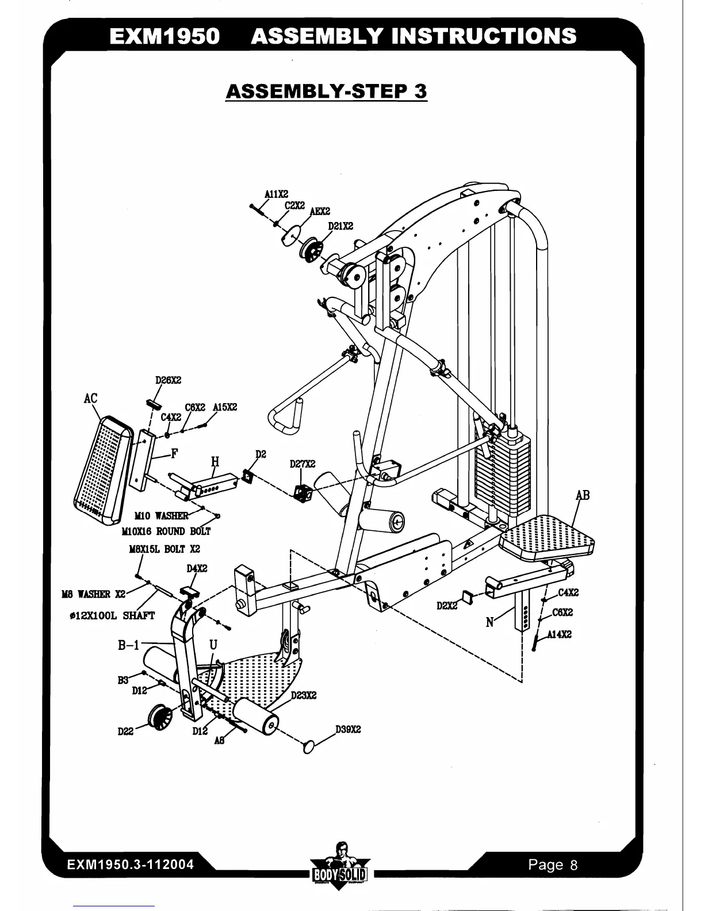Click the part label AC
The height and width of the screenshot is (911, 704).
tap(90, 398)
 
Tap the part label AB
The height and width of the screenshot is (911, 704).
tap(583, 495)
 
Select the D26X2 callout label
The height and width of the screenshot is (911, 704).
tap(168, 380)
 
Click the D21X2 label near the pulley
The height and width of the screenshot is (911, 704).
tap(340, 226)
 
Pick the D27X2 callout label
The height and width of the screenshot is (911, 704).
tap(302, 464)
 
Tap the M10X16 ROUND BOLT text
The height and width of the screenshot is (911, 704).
tap(166, 531)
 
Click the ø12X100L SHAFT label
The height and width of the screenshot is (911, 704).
tap(112, 616)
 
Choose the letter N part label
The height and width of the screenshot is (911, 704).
tap(489, 622)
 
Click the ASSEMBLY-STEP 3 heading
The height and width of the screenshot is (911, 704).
tap(326, 91)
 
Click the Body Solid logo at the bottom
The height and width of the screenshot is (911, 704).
tap(339, 867)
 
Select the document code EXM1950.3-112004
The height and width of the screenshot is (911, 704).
tap(130, 864)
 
